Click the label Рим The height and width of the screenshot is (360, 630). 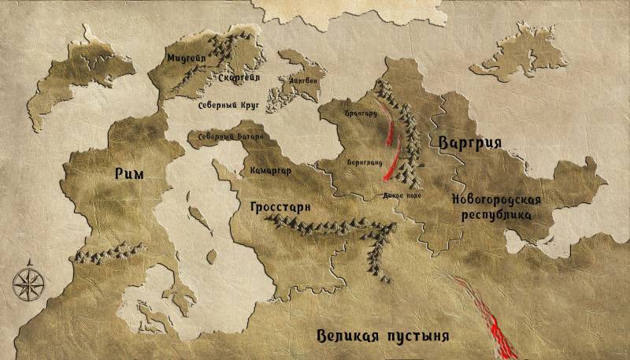pyautogui.click(x=128, y=174)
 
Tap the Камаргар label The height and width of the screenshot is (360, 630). pyautogui.click(x=270, y=170)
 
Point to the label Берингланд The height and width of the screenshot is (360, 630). pyautogui.click(x=364, y=161)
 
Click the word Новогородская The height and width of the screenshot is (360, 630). pyautogui.click(x=496, y=199)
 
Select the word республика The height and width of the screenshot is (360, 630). pyautogui.click(x=497, y=214)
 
